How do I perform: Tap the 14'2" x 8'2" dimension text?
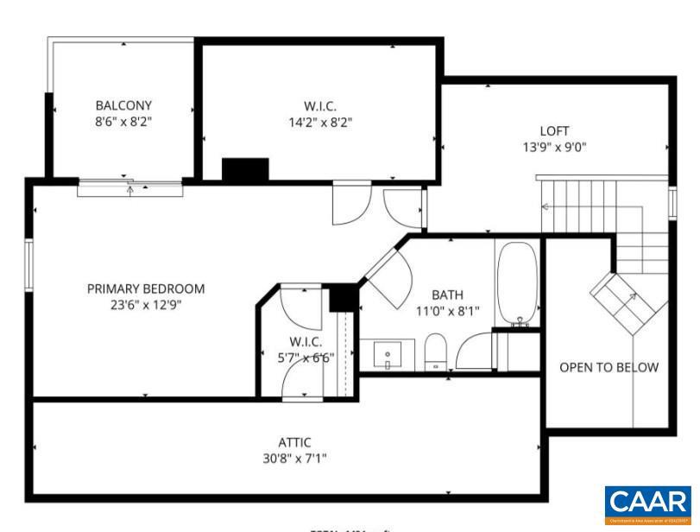(x=320, y=123)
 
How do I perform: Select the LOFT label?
(x=554, y=131)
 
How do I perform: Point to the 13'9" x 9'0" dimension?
(x=554, y=147)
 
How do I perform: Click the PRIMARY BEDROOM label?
(x=146, y=288)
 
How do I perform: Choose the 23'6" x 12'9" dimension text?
(x=146, y=304)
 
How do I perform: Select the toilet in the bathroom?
(x=437, y=351)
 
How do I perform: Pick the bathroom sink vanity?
(x=387, y=354)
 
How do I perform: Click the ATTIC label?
(x=294, y=442)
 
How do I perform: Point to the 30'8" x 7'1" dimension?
(x=294, y=458)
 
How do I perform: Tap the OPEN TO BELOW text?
(x=609, y=367)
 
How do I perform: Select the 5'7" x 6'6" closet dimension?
(x=299, y=357)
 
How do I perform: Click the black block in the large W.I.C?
(x=245, y=169)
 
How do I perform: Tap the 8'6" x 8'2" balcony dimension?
(x=123, y=122)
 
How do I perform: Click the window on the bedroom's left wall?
(x=28, y=264)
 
